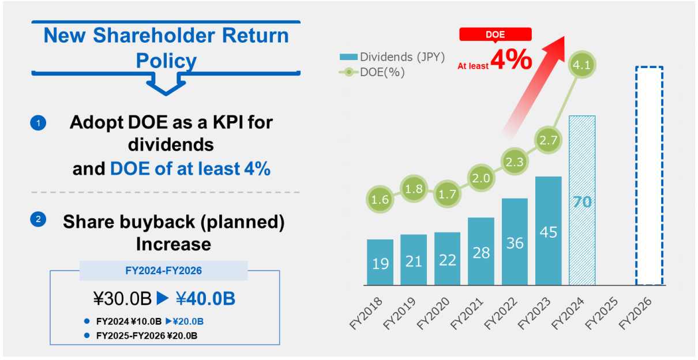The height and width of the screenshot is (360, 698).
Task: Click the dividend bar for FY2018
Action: (380, 262)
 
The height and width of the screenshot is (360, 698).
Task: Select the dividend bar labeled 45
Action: (549, 231)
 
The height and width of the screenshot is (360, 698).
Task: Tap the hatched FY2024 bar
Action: (582, 200)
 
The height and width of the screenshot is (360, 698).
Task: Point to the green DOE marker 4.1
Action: (582, 65)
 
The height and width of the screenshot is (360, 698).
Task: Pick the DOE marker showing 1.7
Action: (448, 194)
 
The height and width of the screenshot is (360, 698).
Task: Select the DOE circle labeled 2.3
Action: (515, 162)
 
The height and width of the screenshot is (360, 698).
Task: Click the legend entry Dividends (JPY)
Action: (392, 57)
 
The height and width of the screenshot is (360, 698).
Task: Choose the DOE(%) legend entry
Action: (372, 72)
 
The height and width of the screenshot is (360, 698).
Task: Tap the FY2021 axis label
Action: (467, 313)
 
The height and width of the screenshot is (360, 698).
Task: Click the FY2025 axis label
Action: (602, 313)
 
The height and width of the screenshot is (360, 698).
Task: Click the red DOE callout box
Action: (496, 34)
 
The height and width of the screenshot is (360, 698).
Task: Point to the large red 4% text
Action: (511, 59)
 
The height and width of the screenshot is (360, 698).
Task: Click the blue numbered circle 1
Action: (38, 123)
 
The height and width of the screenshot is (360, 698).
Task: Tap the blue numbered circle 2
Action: (38, 219)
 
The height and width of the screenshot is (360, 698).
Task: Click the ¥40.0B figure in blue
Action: (206, 298)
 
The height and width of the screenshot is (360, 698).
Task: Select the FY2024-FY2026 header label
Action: (164, 271)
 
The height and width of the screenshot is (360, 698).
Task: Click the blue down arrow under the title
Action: (166, 84)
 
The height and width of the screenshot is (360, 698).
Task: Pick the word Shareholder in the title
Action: (154, 35)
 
